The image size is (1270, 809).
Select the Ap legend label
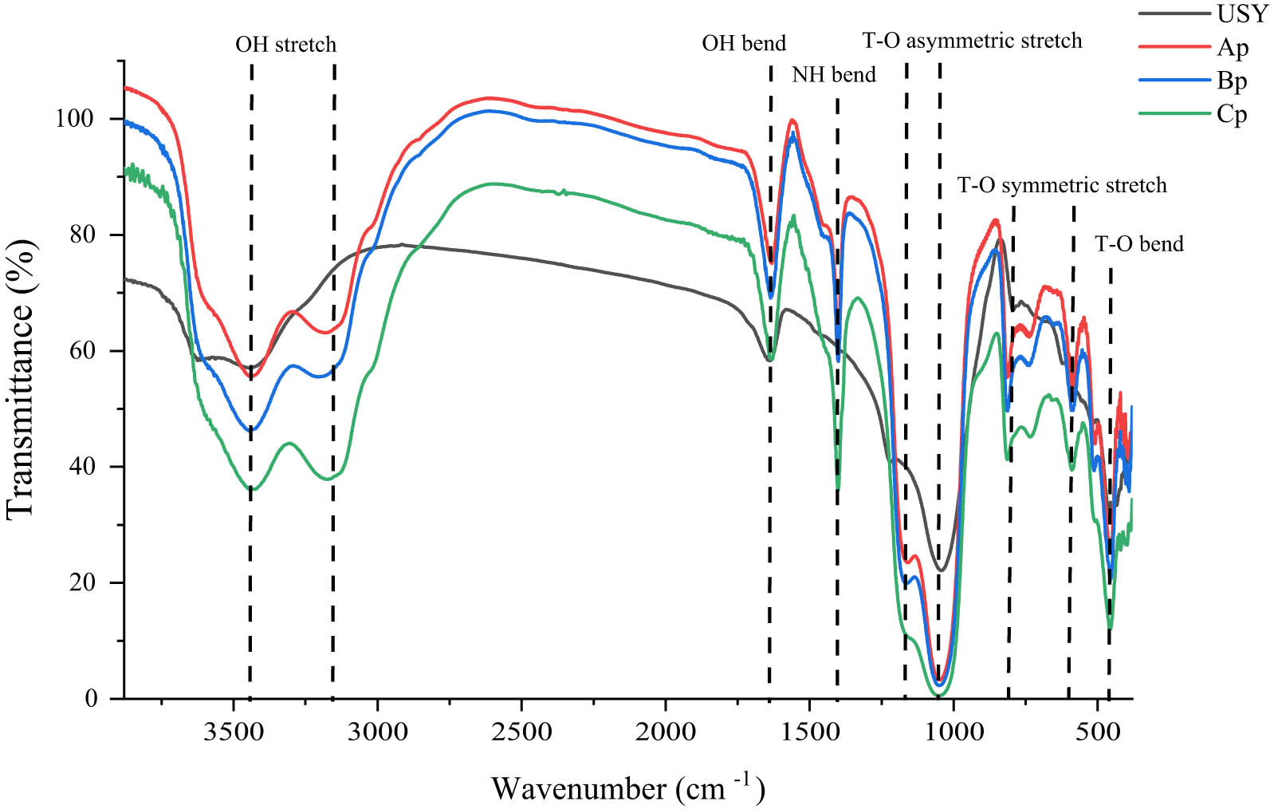tap(1232, 48)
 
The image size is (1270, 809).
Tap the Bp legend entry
tap(1232, 81)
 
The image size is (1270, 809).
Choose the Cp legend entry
tap(1232, 115)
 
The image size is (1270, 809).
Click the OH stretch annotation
tap(285, 45)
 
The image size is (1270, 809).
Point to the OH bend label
tap(743, 43)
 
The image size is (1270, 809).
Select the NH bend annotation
tap(833, 75)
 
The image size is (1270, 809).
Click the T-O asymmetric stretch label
tap(972, 41)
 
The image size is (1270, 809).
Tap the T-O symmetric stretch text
tap(1061, 186)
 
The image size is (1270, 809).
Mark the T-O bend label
tap(1138, 244)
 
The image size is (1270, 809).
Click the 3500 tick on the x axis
tap(233, 732)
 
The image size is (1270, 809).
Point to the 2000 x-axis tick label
tap(665, 732)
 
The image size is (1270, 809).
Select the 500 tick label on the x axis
tap(1097, 732)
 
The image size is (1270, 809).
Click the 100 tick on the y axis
tap(74, 119)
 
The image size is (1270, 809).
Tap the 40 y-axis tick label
tap(81, 467)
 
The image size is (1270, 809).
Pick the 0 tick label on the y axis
tap(91, 699)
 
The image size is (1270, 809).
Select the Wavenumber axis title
tap(627, 788)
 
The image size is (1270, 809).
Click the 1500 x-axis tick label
tap(809, 732)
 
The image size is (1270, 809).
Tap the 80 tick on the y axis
tap(81, 235)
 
